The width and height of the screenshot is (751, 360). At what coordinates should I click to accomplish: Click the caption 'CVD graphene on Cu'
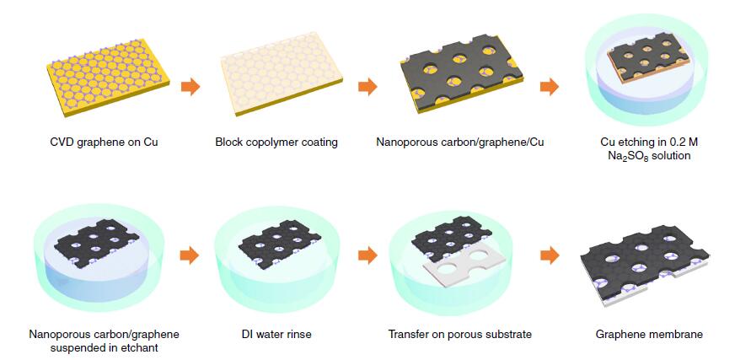[104, 142]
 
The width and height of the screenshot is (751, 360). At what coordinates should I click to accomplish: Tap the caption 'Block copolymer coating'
[276, 142]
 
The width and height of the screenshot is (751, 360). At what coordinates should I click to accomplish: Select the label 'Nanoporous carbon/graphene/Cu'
[460, 142]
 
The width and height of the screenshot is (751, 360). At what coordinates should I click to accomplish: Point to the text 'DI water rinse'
[276, 334]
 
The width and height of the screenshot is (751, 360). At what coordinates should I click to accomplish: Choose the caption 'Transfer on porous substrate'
[460, 334]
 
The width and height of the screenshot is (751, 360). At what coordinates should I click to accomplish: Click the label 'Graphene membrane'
[649, 334]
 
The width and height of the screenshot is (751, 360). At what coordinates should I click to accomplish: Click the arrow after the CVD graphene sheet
[190, 87]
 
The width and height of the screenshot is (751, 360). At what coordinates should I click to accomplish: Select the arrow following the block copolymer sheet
[367, 87]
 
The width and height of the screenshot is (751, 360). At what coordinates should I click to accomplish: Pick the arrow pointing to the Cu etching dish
[550, 87]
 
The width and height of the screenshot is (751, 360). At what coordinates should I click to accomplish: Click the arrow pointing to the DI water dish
[190, 255]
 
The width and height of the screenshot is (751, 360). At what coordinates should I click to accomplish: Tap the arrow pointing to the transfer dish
[367, 255]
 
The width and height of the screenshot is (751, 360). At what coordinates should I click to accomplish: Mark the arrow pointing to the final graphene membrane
[550, 255]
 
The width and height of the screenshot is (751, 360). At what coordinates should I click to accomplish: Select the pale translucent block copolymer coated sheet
[282, 73]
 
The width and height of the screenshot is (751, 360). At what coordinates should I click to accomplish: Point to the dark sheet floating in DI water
[280, 240]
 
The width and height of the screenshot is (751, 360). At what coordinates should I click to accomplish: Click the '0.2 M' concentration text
[676, 142]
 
